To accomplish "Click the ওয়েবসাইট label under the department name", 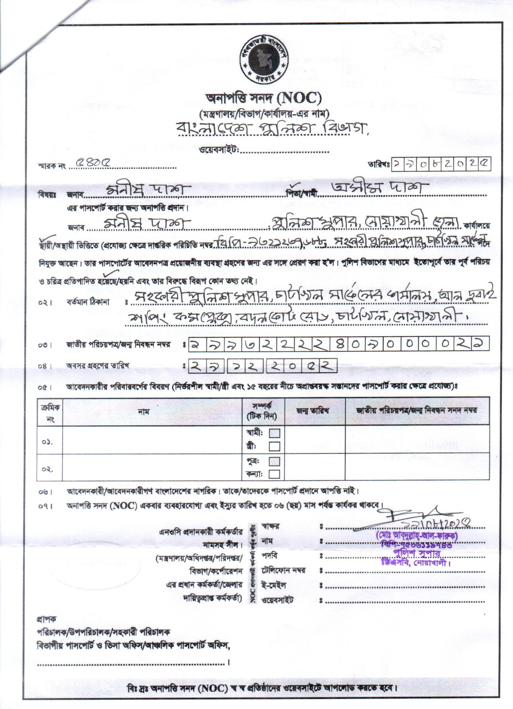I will pyautogui.click(x=219, y=150).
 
